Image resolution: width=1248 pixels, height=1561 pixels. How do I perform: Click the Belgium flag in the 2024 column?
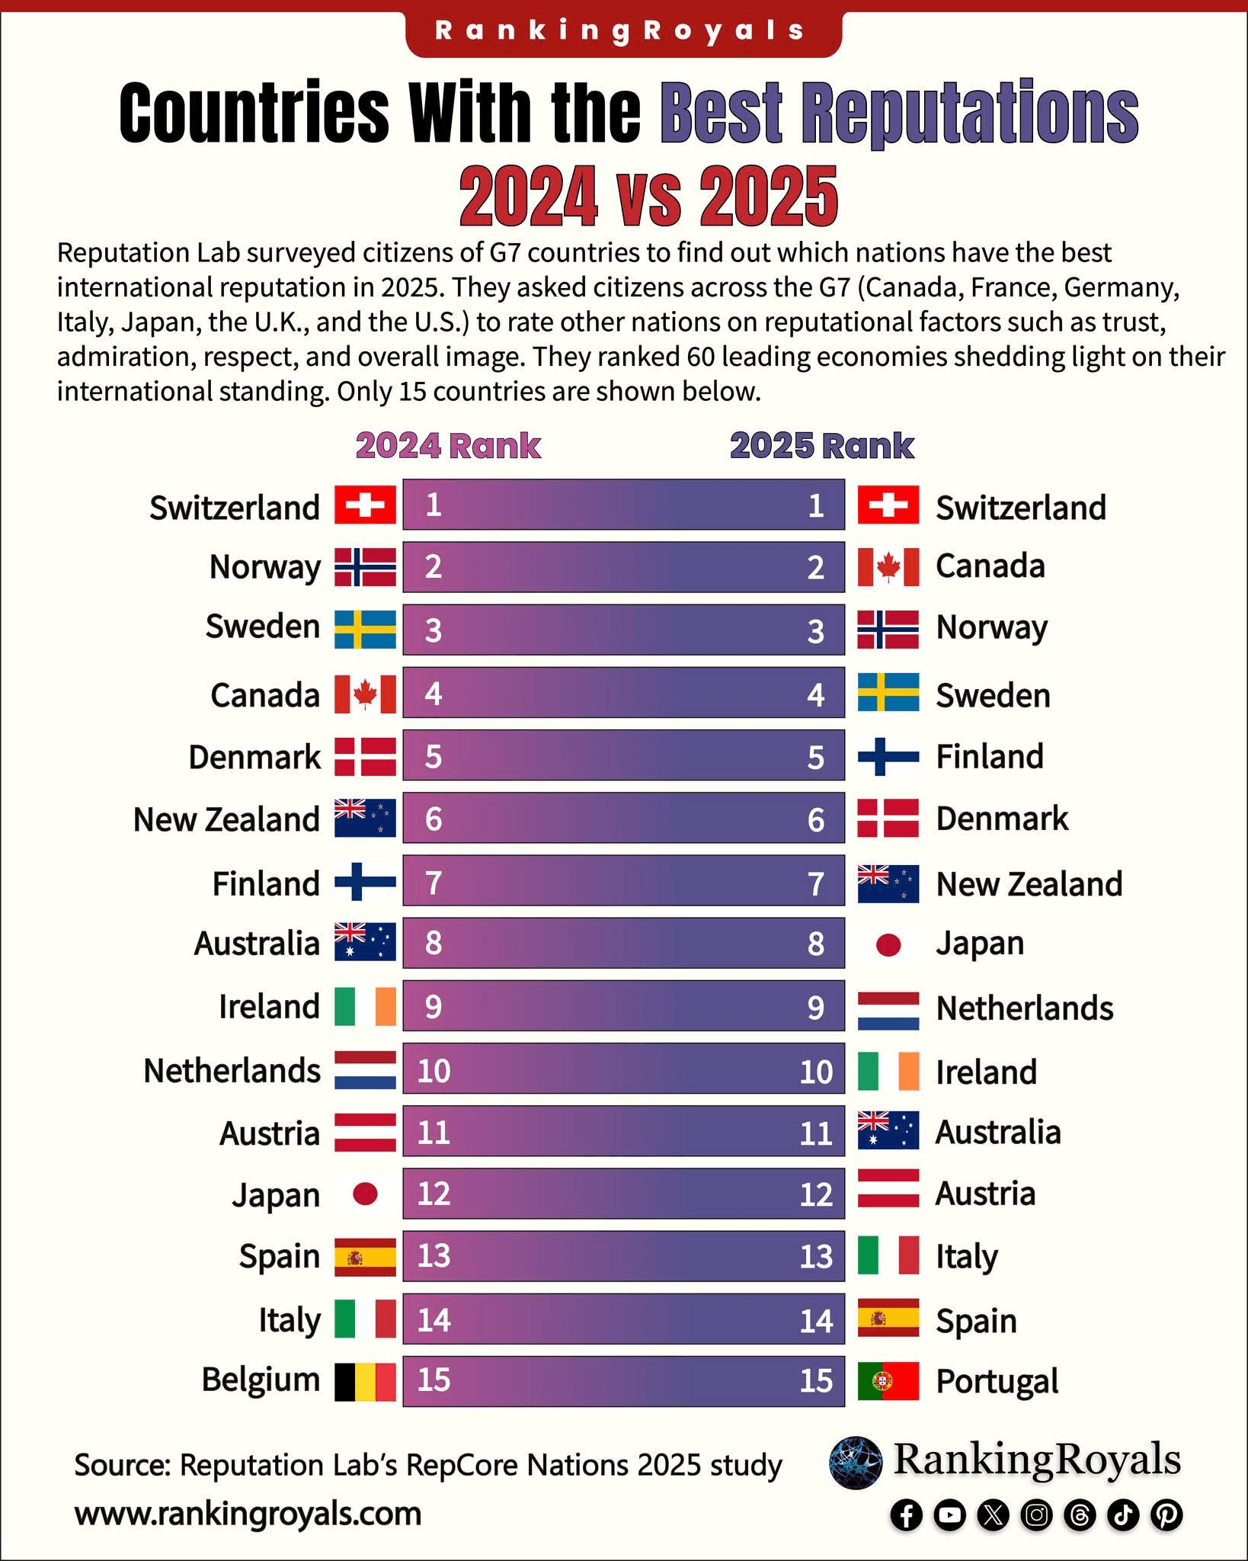click(x=365, y=1382)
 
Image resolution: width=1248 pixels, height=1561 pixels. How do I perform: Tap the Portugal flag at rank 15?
click(x=888, y=1382)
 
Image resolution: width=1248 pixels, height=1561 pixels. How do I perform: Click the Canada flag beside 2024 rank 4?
click(x=365, y=694)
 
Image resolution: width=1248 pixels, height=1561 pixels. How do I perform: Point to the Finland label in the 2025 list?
click(x=989, y=757)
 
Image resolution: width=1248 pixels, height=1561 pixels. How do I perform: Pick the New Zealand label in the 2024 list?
click(x=226, y=819)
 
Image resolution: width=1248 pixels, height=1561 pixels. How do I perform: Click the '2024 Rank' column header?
click(x=448, y=447)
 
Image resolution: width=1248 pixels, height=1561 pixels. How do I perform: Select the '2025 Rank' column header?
click(x=821, y=447)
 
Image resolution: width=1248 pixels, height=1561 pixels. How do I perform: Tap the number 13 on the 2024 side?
click(x=434, y=1256)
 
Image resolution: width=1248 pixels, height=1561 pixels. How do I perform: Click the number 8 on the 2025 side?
click(x=815, y=944)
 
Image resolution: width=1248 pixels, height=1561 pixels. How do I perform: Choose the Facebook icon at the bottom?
click(x=907, y=1515)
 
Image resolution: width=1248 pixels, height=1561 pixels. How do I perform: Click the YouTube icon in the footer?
click(x=949, y=1515)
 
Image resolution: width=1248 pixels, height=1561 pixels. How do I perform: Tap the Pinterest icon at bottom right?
click(x=1166, y=1515)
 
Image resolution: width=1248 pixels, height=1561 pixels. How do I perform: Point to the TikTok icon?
click(x=1123, y=1515)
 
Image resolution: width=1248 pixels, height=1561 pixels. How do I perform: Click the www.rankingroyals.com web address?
click(x=248, y=1514)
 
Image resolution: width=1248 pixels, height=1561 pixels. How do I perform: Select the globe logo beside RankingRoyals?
click(x=855, y=1463)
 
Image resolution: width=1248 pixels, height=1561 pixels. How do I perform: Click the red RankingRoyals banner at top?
click(x=623, y=31)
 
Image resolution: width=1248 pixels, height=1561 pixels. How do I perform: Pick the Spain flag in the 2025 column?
click(x=888, y=1319)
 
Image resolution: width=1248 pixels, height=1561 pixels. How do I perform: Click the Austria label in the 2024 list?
click(x=269, y=1133)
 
